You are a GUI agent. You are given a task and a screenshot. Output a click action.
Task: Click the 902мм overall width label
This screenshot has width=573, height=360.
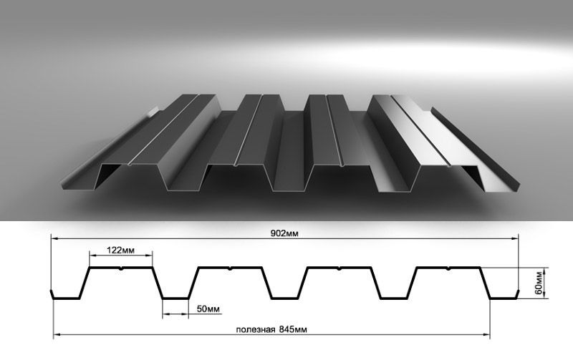[284, 233]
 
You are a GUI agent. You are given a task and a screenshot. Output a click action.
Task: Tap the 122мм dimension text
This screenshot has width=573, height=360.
[120, 250]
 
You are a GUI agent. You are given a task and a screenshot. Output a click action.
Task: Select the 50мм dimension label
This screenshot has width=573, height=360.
[208, 309]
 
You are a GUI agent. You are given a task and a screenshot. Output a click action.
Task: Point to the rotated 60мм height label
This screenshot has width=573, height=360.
[539, 283]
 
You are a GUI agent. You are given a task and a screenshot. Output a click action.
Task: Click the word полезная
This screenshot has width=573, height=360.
[256, 330]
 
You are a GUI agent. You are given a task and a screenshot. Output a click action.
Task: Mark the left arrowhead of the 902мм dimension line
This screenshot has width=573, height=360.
[54, 238]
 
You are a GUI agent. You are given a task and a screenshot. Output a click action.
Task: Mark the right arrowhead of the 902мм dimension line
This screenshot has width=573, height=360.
[514, 238]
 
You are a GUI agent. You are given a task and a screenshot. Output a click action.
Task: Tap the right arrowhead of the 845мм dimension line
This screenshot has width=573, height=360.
[486, 334]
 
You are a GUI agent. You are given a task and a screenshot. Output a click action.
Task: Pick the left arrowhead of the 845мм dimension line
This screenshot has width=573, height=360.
[57, 334]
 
